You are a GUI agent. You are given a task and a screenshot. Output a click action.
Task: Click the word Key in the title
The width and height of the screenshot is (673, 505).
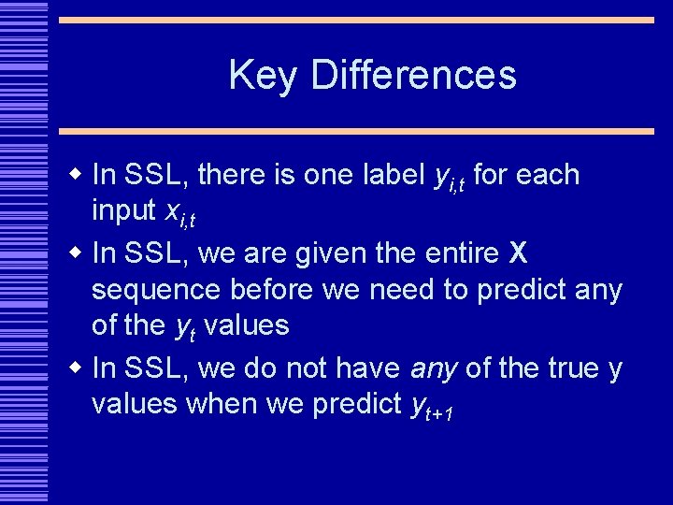(x=263, y=76)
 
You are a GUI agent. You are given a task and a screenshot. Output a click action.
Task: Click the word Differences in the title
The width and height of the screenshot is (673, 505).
(x=413, y=76)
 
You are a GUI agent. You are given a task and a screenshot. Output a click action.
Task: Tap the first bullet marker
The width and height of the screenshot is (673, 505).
(x=78, y=174)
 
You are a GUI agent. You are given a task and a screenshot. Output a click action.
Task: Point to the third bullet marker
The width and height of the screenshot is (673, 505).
(x=78, y=368)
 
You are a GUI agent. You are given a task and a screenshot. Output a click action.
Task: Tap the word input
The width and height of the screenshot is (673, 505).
(x=123, y=212)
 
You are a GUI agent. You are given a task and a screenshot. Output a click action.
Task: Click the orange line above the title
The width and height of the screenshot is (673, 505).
(x=355, y=20)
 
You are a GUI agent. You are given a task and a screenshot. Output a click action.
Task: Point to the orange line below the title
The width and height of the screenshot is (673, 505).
(x=355, y=132)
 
